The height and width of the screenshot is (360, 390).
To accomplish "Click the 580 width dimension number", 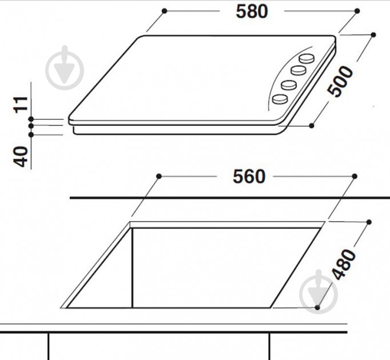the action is [x=252, y=11].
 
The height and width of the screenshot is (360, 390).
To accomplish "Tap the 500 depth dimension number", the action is [x=340, y=81].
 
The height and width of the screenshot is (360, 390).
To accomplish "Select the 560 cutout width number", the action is [x=249, y=177].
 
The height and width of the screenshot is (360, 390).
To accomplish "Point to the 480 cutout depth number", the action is [x=344, y=265].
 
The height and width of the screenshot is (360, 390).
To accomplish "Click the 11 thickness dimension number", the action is [x=21, y=105].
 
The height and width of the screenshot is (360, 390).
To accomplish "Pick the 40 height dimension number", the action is [x=21, y=157].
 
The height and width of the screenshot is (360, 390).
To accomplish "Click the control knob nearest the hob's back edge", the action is [x=307, y=59].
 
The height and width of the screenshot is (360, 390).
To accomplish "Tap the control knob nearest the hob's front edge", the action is [x=280, y=99].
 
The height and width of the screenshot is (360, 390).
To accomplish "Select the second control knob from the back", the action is [x=299, y=70].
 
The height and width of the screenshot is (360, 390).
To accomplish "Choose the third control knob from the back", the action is [x=289, y=85].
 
